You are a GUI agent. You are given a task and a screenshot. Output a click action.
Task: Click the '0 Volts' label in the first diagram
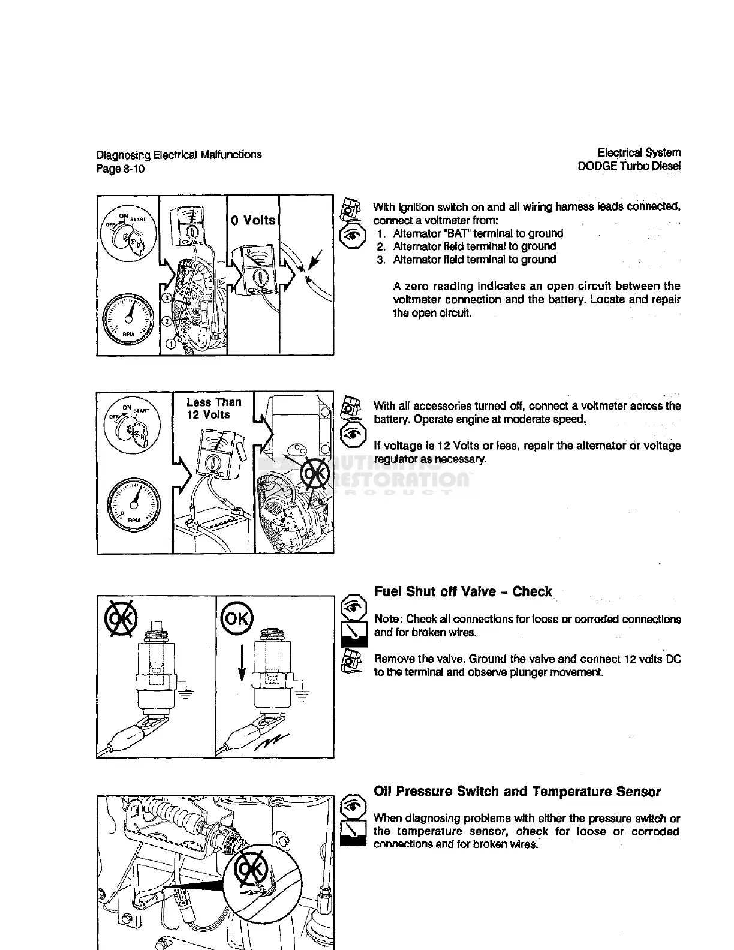tap(253, 220)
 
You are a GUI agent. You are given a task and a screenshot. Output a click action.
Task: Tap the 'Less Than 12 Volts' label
tap(213, 408)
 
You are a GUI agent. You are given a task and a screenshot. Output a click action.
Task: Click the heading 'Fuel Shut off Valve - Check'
tap(462, 592)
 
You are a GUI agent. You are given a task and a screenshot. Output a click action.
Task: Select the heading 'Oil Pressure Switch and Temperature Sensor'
tap(517, 792)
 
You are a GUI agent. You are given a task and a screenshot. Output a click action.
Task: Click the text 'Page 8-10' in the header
tap(121, 169)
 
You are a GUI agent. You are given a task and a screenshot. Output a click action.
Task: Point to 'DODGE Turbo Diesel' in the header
tap(629, 166)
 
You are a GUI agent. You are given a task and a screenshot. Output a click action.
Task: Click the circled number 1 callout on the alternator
tap(172, 343)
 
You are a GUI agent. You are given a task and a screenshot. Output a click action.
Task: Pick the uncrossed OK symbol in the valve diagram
tap(237, 618)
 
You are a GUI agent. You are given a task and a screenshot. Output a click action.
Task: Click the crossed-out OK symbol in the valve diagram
tap(122, 618)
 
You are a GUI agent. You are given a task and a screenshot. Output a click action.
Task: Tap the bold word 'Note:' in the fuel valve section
tap(389, 619)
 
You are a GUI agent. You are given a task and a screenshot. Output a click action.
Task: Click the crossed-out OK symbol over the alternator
tap(315, 474)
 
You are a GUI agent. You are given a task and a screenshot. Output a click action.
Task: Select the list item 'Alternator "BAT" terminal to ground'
tap(478, 233)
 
